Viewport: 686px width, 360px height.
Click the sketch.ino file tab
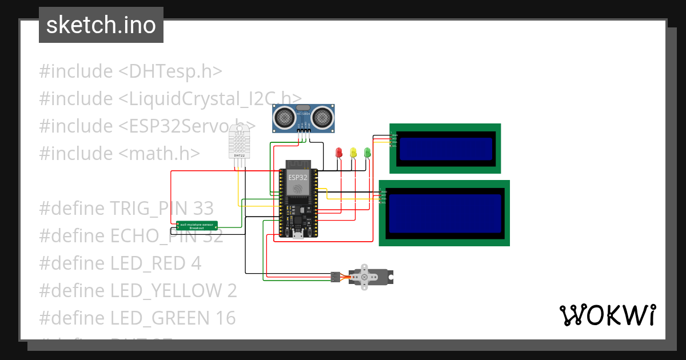point(101,25)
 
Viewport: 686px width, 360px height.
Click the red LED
point(339,153)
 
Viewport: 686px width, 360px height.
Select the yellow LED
point(353,153)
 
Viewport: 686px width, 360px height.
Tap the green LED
point(367,153)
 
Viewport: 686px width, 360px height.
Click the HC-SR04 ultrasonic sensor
point(303,117)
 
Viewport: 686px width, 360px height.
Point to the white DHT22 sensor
point(240,143)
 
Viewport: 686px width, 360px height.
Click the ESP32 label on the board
point(297,177)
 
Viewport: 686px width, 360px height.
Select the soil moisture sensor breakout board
point(197,226)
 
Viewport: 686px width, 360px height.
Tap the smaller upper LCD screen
point(445,149)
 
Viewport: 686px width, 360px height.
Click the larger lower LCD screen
point(444,213)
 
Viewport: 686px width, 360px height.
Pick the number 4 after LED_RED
point(196,263)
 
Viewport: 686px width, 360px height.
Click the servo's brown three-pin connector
point(334,277)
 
